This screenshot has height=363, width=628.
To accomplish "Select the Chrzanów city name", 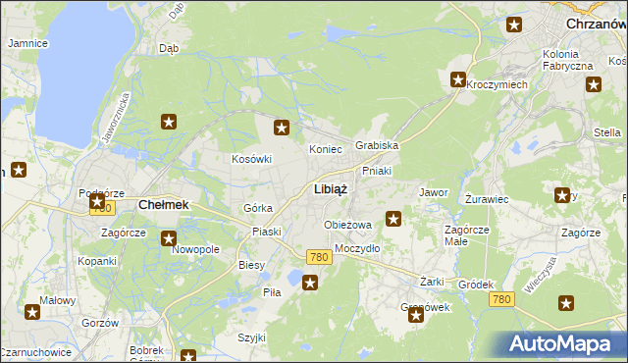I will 596,22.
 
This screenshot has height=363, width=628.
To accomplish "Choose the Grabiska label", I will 377,145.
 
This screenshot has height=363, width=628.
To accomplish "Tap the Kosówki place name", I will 250,159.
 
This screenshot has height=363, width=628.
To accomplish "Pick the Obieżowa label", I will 348,225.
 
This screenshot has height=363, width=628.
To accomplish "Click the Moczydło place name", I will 357,248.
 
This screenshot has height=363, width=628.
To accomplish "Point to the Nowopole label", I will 195,250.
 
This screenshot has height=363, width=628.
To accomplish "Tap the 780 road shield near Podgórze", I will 100,208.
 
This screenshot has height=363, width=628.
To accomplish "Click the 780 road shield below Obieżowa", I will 317,256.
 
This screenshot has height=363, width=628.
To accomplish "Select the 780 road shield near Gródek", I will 501,298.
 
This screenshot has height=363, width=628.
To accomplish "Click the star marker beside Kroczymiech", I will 458,79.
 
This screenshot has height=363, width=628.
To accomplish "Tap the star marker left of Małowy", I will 32,312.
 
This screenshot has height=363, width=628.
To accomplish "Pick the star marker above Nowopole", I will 169,237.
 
